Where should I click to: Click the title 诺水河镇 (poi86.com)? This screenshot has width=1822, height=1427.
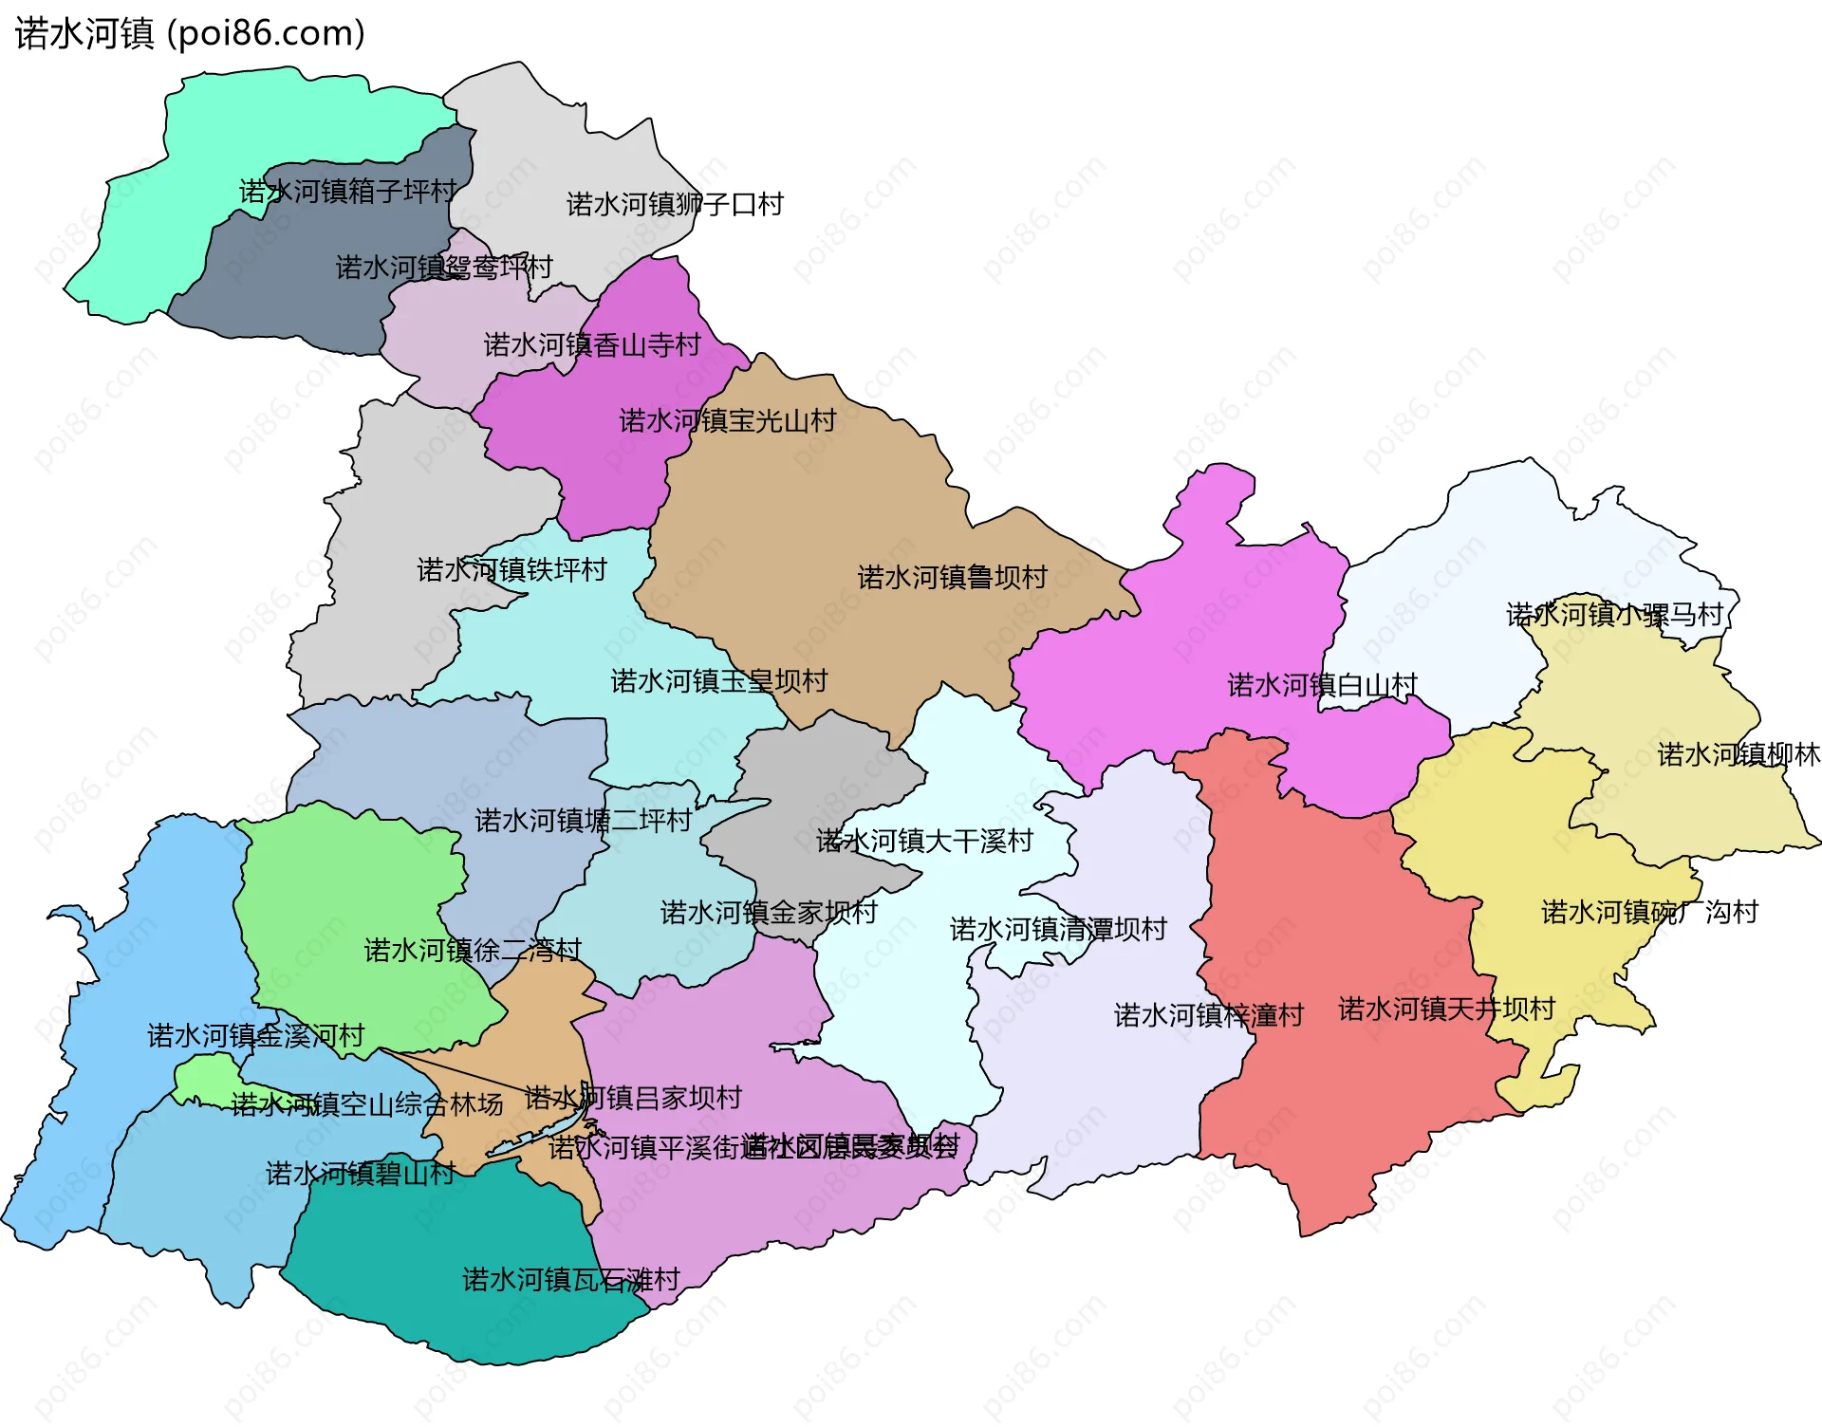[190, 33]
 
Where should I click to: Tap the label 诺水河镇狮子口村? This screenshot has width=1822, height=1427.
[675, 205]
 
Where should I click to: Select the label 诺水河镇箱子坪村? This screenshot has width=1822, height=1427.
[347, 192]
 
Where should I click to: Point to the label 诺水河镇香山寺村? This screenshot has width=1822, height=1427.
[592, 344]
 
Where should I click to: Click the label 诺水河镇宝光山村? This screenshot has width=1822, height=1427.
[728, 420]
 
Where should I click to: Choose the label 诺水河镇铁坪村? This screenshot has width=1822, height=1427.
[511, 569]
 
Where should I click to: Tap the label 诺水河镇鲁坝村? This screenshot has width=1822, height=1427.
[952, 577]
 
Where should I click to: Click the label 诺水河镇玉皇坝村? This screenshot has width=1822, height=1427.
[718, 680]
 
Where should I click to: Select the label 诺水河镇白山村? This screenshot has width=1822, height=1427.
[1322, 684]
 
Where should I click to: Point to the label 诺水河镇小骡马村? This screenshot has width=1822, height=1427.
[1613, 615]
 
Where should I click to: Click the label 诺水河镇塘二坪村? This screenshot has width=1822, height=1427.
[583, 820]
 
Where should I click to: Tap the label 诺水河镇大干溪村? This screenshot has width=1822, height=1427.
[923, 841]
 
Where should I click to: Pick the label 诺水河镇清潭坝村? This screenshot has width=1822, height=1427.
[1057, 929]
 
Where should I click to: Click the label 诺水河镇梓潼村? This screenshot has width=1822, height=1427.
[1208, 1015]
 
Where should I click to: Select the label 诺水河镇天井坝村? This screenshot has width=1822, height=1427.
[1446, 1009]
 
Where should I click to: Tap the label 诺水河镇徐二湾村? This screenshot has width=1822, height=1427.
[473, 950]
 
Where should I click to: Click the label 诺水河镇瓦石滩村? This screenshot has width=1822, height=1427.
[570, 1280]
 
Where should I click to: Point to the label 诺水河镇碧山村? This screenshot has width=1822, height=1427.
[360, 1174]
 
